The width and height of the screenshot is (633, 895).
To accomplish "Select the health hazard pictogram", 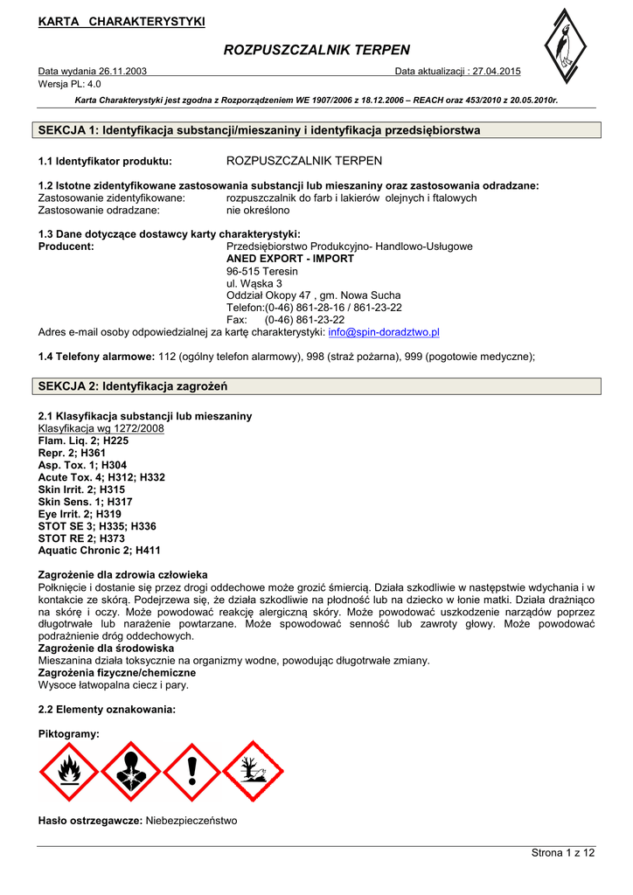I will pyautogui.click(x=130, y=772).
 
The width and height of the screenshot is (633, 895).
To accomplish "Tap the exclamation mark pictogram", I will pyautogui.click(x=191, y=772).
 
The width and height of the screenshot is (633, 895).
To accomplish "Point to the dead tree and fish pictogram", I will pyautogui.click(x=253, y=772).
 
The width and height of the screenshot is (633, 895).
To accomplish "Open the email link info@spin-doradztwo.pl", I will pyautogui.click(x=384, y=332).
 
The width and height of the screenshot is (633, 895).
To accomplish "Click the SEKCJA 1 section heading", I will pyautogui.click(x=260, y=130).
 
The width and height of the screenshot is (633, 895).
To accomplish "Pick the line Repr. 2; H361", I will pyautogui.click(x=72, y=454).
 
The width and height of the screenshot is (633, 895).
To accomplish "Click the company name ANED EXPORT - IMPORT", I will pyautogui.click(x=290, y=259).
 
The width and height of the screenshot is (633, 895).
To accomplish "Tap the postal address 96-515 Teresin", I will pyautogui.click(x=261, y=271).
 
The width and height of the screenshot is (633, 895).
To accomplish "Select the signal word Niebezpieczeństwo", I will pyautogui.click(x=191, y=821).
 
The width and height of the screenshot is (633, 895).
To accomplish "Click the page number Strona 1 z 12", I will pyautogui.click(x=562, y=852).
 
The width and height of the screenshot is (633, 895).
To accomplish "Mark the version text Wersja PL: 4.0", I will pyautogui.click(x=70, y=84).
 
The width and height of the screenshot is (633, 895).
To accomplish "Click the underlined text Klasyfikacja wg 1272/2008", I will pyautogui.click(x=101, y=429).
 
